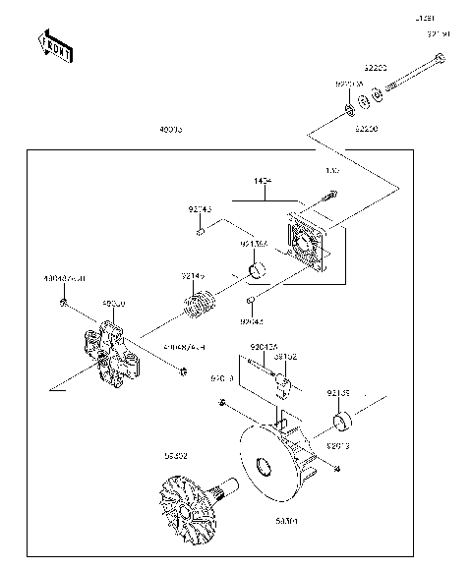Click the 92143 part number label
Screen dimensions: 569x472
click(x=200, y=208)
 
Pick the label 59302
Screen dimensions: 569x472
click(x=177, y=455)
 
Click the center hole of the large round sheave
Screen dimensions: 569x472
click(x=263, y=467)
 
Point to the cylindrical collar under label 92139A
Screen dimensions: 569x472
click(x=257, y=270)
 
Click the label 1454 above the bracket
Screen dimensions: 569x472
click(x=263, y=183)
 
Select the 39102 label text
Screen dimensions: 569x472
click(x=286, y=356)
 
